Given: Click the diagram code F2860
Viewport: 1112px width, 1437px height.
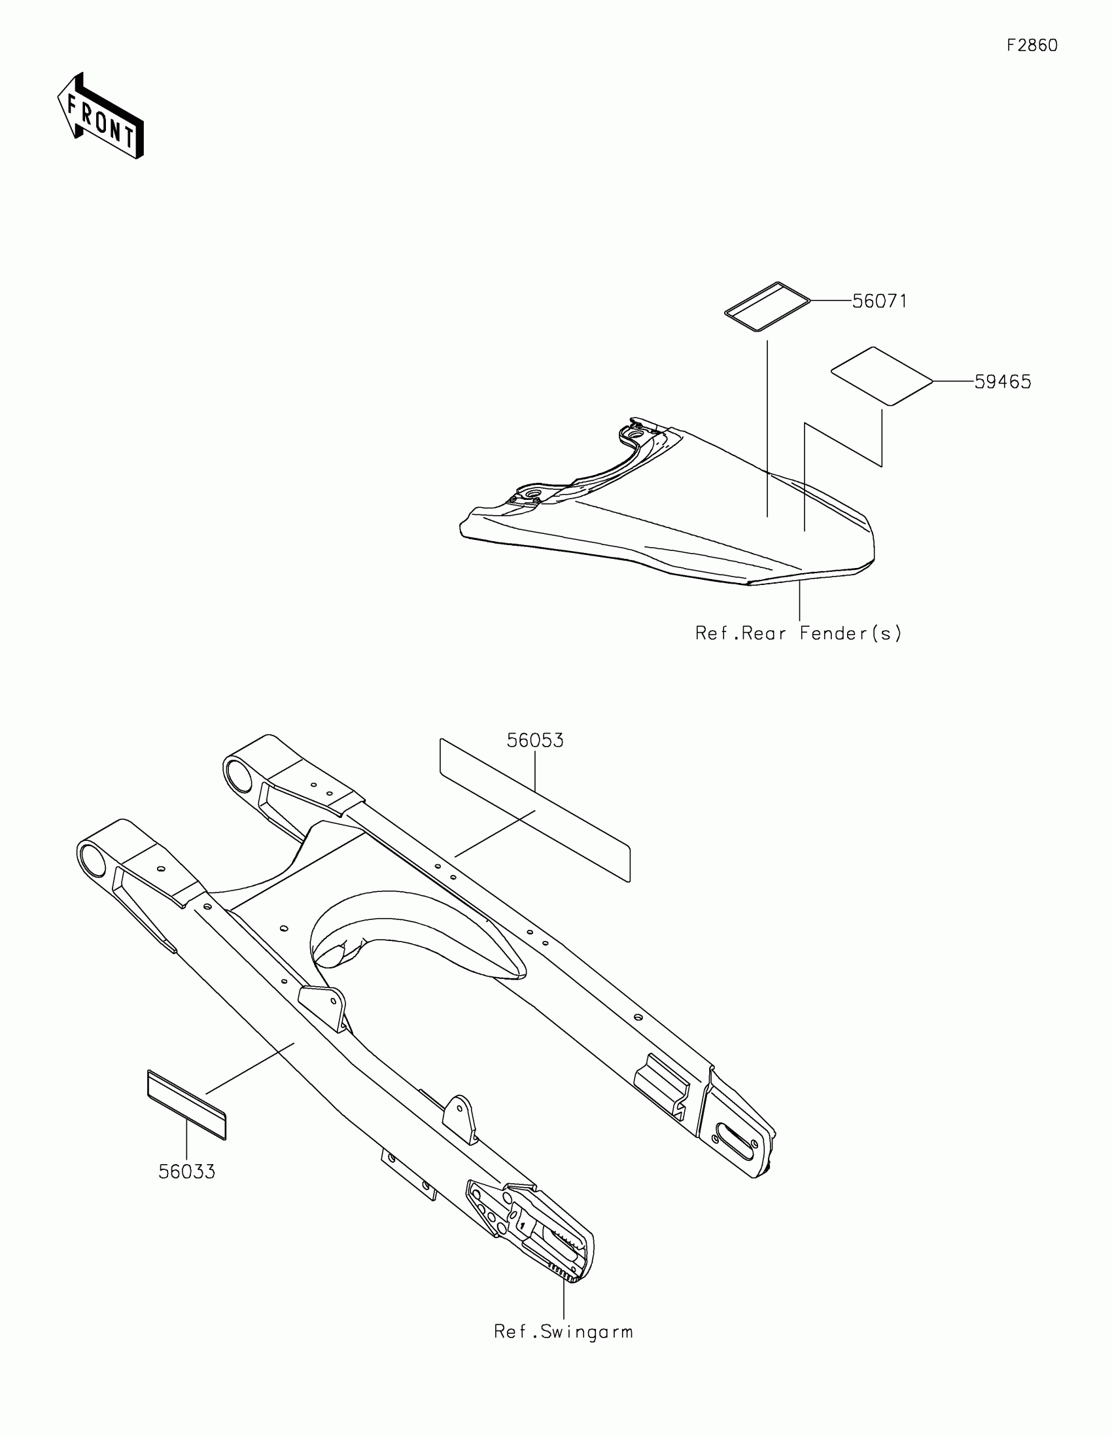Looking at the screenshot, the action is pos(1032,45).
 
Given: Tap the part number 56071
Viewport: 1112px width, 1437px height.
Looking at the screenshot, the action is pos(879,302).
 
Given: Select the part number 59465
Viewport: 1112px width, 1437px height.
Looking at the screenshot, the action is pos(1002,382).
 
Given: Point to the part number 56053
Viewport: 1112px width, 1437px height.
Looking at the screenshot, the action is pos(534,741).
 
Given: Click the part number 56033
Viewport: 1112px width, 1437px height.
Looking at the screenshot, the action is pos(187,1172).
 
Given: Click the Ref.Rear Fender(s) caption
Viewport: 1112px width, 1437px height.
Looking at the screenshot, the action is pos(798,633).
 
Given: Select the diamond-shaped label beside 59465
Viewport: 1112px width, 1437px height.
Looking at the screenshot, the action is pos(882,376).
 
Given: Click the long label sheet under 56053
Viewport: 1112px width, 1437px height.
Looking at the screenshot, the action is pos(534,809).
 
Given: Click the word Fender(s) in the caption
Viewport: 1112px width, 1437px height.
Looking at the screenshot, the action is pos(850,633).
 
